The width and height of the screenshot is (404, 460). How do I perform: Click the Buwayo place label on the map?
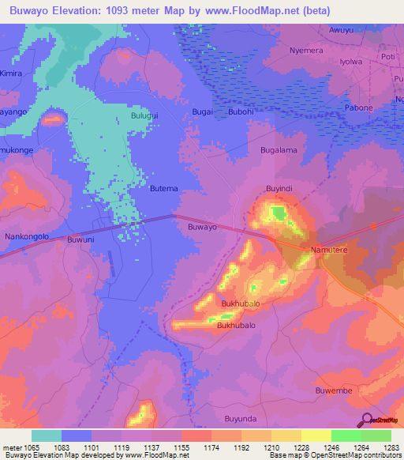[202, 227]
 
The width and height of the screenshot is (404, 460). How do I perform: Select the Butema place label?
[164, 189]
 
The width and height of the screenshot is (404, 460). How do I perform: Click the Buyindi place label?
[279, 189]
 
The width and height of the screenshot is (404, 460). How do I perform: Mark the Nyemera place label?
[306, 49]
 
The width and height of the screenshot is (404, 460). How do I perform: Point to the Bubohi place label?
[241, 112]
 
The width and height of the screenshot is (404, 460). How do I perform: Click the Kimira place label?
[11, 73]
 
